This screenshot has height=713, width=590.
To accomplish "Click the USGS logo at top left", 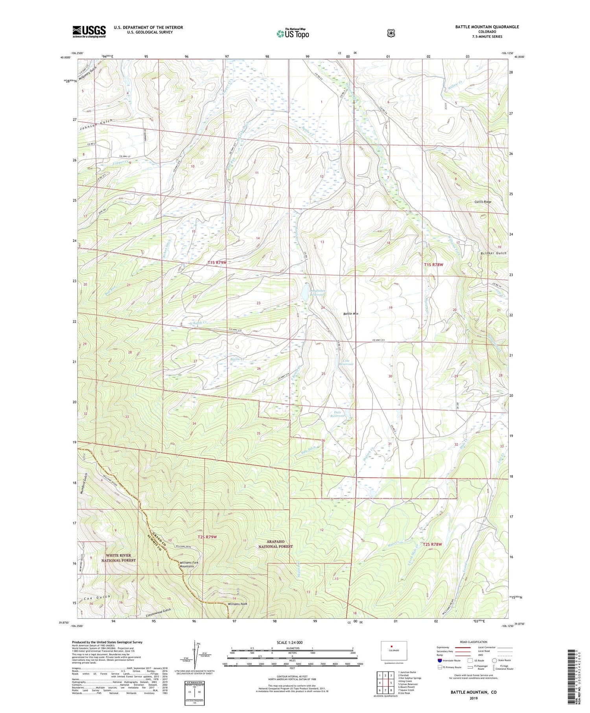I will (x=89, y=31).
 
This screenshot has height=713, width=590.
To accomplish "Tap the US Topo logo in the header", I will (x=293, y=33).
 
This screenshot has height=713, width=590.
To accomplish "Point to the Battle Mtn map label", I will (x=350, y=314).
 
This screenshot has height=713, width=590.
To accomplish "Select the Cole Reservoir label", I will (x=346, y=362).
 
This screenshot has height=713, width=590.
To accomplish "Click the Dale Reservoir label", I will (x=337, y=414).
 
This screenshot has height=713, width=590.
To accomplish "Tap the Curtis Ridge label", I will (x=483, y=202).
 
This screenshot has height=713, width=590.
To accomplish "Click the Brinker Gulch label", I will (x=493, y=253).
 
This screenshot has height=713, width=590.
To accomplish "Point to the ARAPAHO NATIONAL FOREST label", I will (x=276, y=544).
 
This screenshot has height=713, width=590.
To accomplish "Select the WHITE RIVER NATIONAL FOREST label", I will (x=118, y=558).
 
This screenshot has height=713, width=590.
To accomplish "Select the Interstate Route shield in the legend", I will (x=440, y=661).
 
